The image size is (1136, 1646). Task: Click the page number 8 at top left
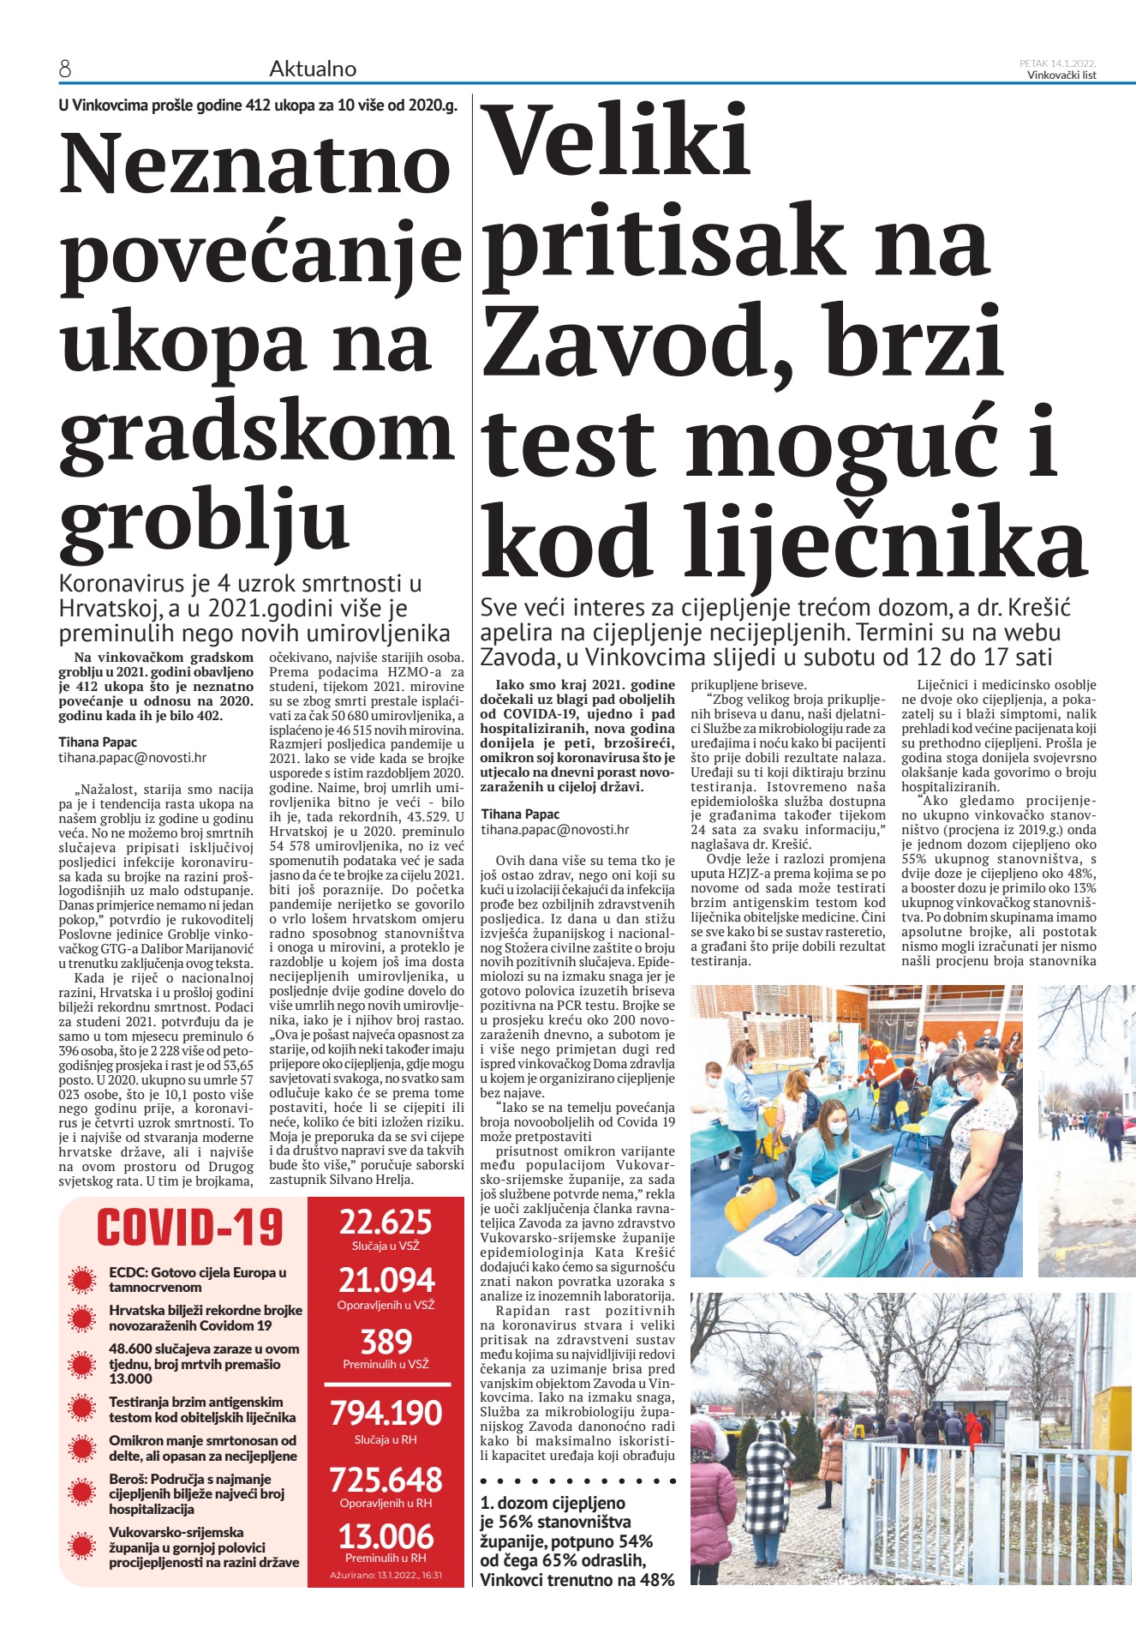pyautogui.click(x=65, y=69)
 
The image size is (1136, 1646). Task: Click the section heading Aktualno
pyautogui.click(x=313, y=69)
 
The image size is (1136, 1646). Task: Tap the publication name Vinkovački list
pyautogui.click(x=1061, y=75)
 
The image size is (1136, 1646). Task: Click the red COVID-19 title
pyautogui.click(x=189, y=1227)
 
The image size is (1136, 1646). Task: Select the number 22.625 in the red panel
pyautogui.click(x=386, y=1222)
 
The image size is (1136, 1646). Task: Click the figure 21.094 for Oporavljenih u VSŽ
pyautogui.click(x=386, y=1281)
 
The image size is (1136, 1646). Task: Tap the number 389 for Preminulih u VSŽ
pyautogui.click(x=386, y=1341)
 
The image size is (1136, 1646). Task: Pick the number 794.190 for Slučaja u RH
pyautogui.click(x=386, y=1414)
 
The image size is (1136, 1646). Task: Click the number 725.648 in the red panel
pyautogui.click(x=386, y=1480)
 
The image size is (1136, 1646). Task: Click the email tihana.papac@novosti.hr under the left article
pyautogui.click(x=132, y=758)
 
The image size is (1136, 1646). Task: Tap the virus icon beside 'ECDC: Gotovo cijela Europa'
pyautogui.click(x=82, y=1281)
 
